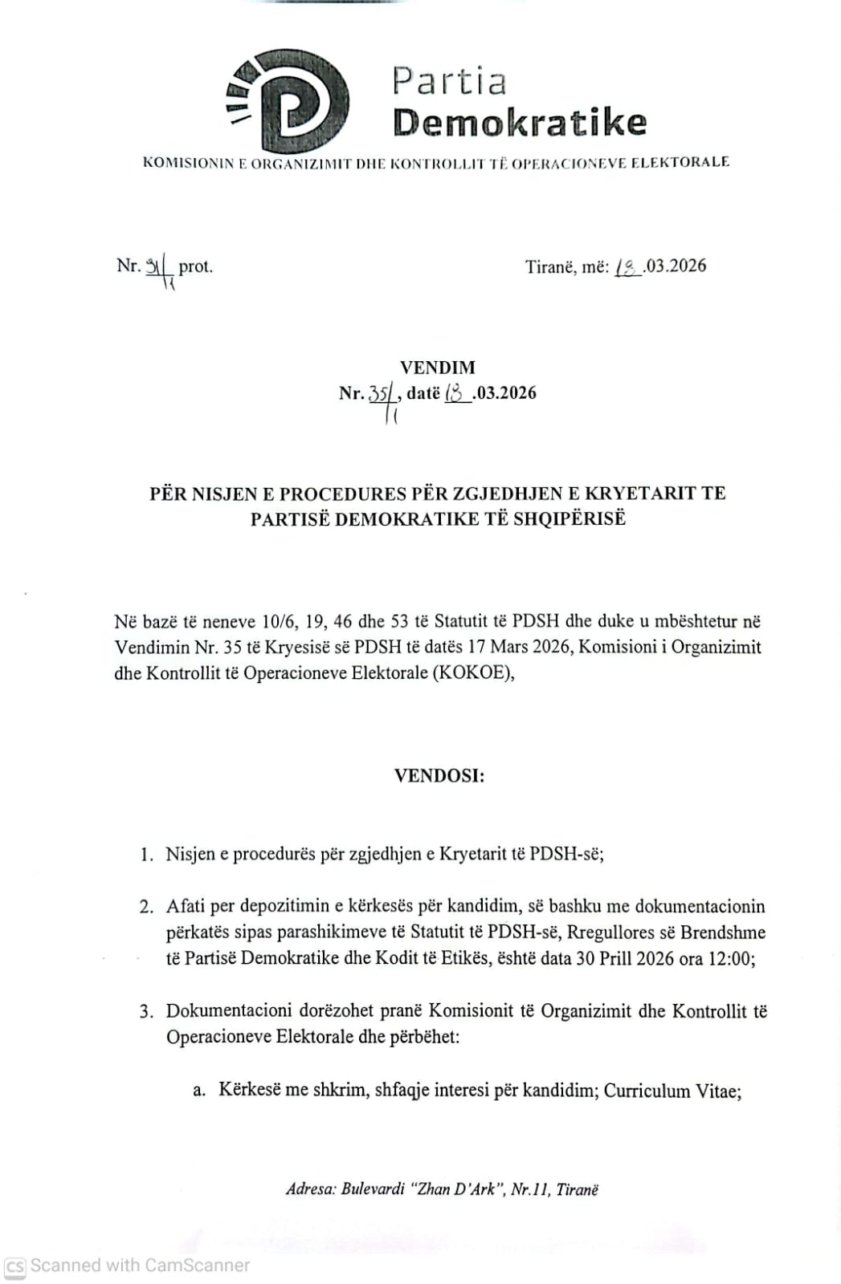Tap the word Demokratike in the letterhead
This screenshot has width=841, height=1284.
pyautogui.click(x=519, y=122)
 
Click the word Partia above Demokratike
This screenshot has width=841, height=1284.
pyautogui.click(x=449, y=81)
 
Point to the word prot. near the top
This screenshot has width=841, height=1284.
pyautogui.click(x=195, y=266)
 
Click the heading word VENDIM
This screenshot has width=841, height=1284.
pyautogui.click(x=438, y=368)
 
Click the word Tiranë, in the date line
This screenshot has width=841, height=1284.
pyautogui.click(x=549, y=266)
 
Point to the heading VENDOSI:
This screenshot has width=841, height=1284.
pyautogui.click(x=439, y=776)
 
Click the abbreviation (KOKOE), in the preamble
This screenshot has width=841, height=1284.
pyautogui.click(x=473, y=672)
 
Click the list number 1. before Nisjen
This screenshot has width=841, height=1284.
pyautogui.click(x=146, y=855)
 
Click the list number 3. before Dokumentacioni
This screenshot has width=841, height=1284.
pyautogui.click(x=146, y=1011)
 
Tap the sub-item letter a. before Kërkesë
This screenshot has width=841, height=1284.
pyautogui.click(x=199, y=1091)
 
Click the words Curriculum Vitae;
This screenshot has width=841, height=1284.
pyautogui.click(x=672, y=1091)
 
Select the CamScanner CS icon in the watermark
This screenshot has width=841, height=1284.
pyautogui.click(x=15, y=1266)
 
